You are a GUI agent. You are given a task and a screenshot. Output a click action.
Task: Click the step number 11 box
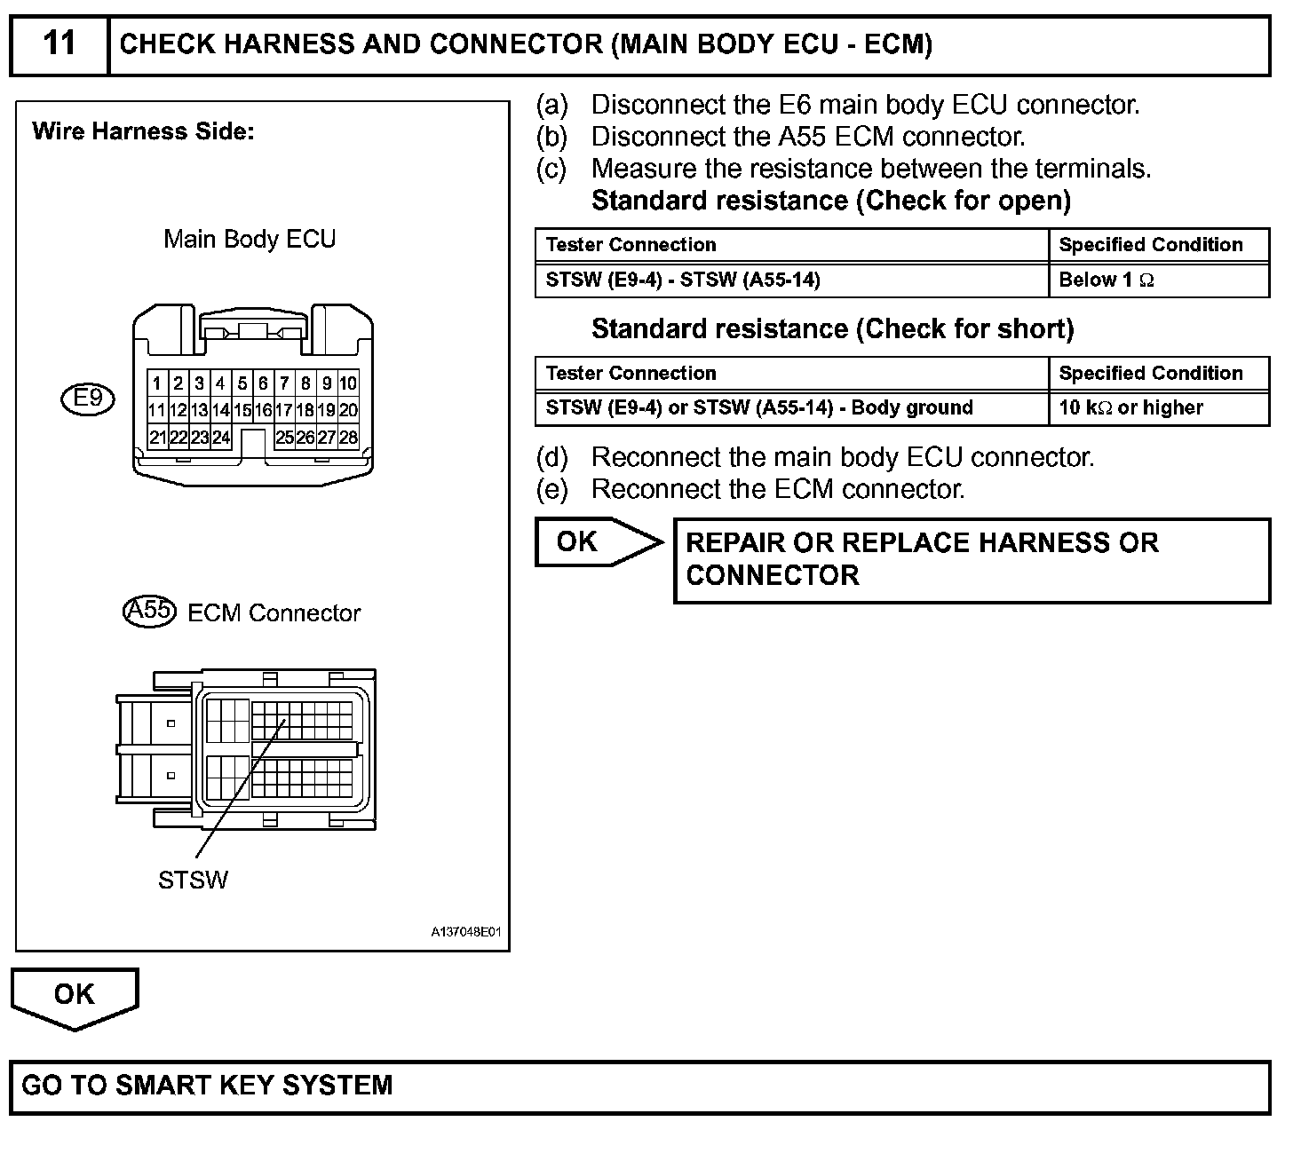coord(59,43)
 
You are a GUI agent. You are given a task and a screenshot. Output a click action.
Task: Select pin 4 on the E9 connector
coord(220,383)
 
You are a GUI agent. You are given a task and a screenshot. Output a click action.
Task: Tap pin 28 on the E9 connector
coord(348,437)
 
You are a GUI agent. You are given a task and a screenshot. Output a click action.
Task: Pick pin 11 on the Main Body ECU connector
coord(156,410)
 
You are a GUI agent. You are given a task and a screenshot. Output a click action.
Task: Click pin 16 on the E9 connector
coord(263,410)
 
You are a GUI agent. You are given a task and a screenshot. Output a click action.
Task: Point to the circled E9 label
coord(88,399)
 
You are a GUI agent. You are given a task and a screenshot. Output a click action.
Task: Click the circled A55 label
coord(149,612)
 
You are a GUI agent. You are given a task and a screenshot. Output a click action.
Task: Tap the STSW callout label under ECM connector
coord(193,880)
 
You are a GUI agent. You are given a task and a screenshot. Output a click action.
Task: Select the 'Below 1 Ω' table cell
coord(1107,280)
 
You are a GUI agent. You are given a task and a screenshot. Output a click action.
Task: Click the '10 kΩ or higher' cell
coord(1130,408)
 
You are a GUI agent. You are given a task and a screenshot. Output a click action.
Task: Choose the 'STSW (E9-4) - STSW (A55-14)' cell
coord(683,280)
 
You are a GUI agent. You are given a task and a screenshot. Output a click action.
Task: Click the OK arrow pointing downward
coord(75,997)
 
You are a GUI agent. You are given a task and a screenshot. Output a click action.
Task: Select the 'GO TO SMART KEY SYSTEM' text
coord(207,1085)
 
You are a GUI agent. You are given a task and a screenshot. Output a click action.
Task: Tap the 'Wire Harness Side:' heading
coord(143,132)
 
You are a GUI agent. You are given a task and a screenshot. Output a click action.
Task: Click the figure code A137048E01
coord(466,932)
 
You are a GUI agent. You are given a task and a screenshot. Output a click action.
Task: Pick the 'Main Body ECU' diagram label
coord(250,239)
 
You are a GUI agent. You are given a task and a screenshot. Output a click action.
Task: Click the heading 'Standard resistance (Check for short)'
coord(832,329)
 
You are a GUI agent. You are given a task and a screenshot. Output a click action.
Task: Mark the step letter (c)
coord(551,169)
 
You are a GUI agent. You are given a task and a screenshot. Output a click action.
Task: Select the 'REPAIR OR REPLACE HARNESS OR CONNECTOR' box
coord(972,560)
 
